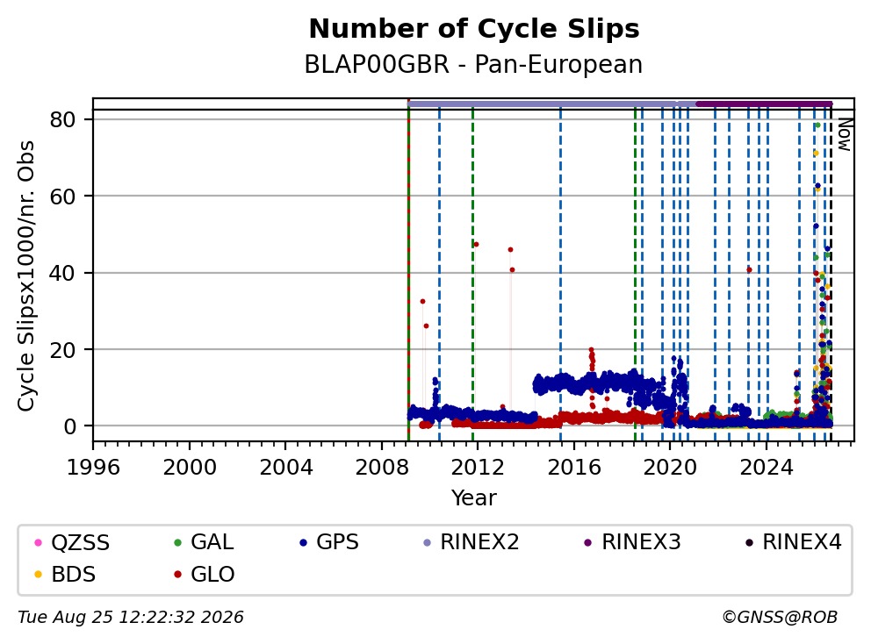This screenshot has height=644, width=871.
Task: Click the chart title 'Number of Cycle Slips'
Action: pos(474,29)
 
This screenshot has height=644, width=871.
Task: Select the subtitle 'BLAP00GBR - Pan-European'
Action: pos(473,64)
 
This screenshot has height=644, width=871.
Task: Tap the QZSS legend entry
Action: pos(72,542)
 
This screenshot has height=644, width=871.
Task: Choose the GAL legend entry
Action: pos(204,542)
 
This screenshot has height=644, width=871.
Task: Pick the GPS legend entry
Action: pos(329,542)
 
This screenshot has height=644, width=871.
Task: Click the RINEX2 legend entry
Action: pos(471,542)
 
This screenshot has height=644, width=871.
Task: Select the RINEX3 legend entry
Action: pos(633,542)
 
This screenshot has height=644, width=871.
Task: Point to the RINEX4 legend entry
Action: pos(794,542)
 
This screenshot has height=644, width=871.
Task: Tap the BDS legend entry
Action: pos(65,574)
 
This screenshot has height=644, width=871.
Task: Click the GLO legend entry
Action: pos(205,574)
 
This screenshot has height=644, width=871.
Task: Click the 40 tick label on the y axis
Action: pos(62,273)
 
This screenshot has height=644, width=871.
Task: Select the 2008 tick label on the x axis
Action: pos(382,468)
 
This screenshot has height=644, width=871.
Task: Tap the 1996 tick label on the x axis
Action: pos(93,468)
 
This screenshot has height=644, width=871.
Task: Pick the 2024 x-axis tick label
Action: pos(767,468)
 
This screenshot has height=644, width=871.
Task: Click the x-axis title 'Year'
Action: pos(474,498)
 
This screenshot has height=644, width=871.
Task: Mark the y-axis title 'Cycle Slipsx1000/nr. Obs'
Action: pos(25,275)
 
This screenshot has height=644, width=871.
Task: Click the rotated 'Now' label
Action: pos(845,135)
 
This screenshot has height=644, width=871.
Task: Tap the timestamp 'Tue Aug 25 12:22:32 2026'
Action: pos(131,618)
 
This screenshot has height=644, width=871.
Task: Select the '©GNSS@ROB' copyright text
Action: pos(780,618)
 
